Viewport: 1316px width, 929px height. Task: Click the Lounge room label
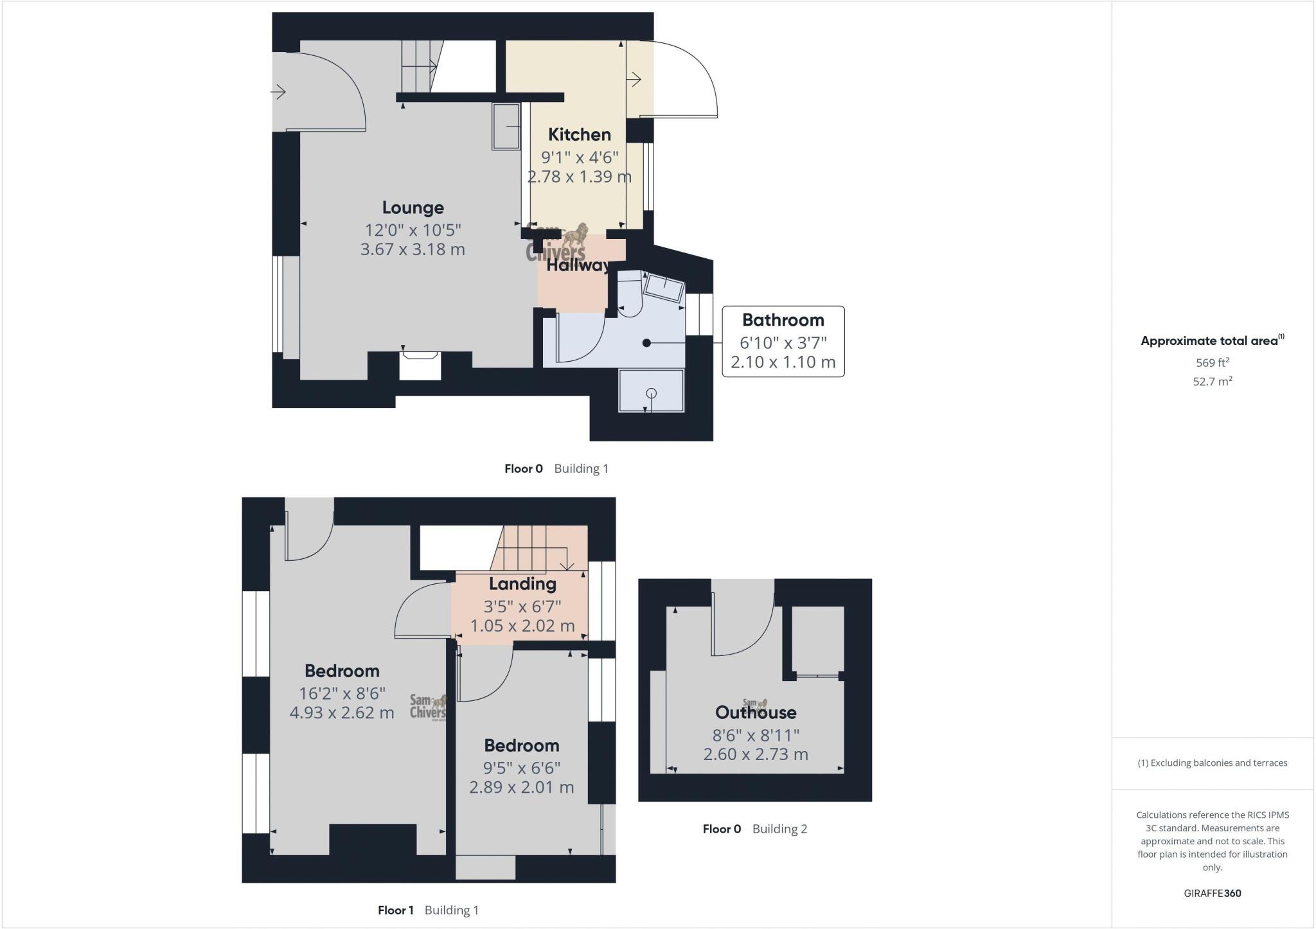(x=413, y=208)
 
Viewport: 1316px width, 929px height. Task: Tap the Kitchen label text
(x=579, y=134)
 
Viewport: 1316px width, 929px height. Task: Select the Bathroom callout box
(x=783, y=341)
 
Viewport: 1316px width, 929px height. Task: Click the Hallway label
(x=578, y=265)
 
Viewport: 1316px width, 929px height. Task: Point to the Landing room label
(x=522, y=583)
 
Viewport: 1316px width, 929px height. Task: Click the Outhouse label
(x=756, y=712)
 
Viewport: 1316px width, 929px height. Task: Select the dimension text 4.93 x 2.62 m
(x=341, y=712)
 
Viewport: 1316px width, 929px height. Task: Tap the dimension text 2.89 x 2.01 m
(x=521, y=787)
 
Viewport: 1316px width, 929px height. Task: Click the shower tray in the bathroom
(x=651, y=391)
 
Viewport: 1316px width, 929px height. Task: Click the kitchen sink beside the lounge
(x=506, y=127)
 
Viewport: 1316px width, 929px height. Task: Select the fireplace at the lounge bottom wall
(x=420, y=364)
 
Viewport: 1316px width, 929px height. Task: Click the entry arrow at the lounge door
(x=278, y=93)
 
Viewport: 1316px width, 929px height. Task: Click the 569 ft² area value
(x=1212, y=362)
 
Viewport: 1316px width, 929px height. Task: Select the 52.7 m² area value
(x=1212, y=381)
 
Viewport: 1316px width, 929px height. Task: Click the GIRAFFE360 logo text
(x=1212, y=893)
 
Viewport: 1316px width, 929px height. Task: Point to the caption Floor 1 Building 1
(x=428, y=910)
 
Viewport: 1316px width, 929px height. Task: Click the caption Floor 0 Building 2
(x=754, y=829)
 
